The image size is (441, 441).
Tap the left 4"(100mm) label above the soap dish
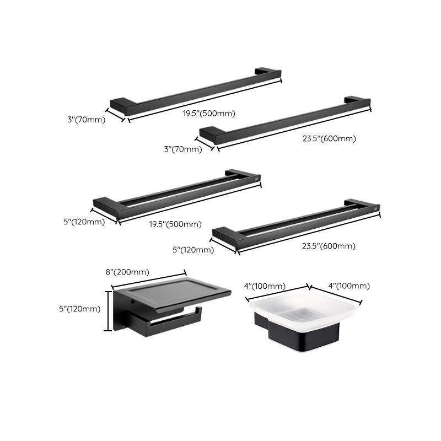(265, 286)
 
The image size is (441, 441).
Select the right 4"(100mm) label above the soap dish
(349, 286)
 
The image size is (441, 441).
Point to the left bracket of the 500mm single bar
(120, 103)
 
